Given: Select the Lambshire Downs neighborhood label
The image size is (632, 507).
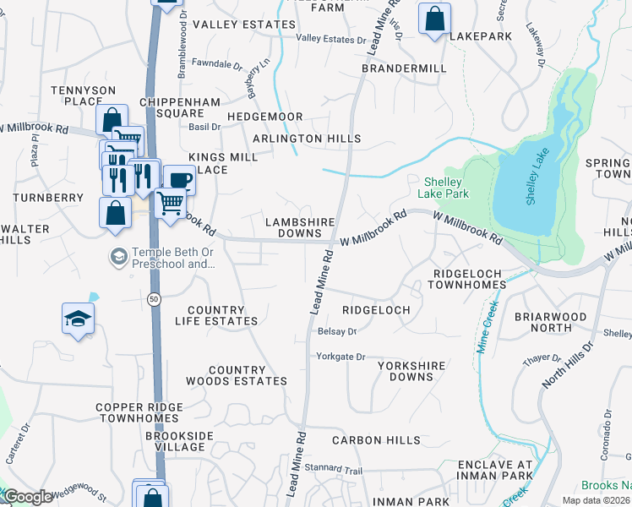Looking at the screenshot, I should pos(300,227).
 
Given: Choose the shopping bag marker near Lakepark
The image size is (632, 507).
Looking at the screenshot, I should pos(434,19).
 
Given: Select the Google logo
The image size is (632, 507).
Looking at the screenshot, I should pos(28,497).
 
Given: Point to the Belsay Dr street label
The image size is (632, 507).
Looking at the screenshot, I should pos(337,332).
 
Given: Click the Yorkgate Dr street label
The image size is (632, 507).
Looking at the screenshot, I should pos(341,357).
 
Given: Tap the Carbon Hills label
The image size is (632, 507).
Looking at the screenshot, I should pos(376,440).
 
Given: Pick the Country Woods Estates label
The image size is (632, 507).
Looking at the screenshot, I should pos(248,375).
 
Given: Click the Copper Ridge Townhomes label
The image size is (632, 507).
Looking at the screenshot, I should pos(139,412).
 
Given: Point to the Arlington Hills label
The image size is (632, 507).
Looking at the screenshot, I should pos(306,139).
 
